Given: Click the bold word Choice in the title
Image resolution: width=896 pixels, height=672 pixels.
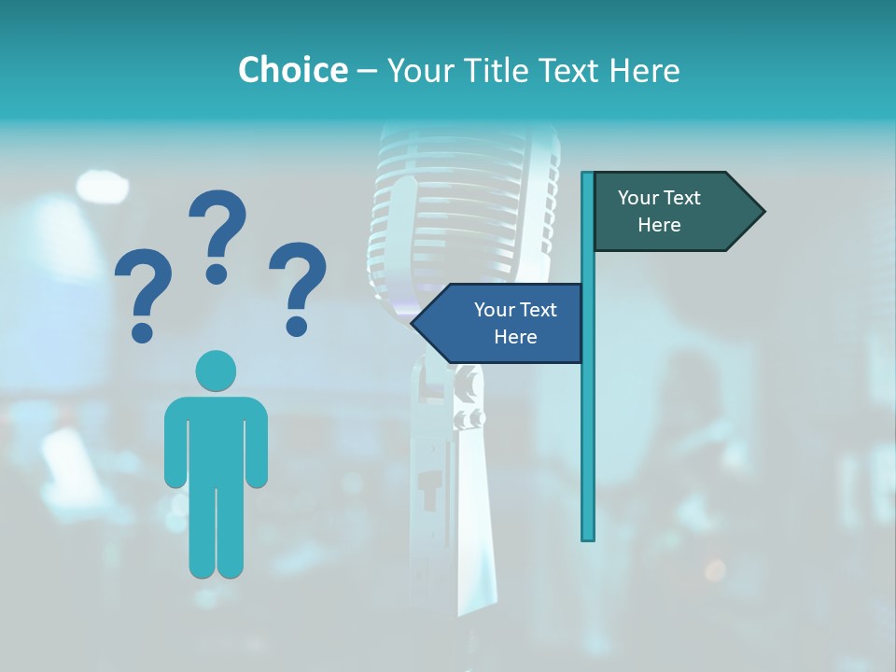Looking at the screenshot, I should click(x=292, y=70).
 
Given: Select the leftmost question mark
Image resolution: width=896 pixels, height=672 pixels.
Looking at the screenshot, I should click(x=143, y=285).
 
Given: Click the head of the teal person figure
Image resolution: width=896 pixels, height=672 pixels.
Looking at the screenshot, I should click(x=216, y=371).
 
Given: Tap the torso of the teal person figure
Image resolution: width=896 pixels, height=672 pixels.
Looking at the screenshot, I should click(x=216, y=439).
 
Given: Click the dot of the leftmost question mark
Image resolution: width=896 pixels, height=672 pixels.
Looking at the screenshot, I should click(x=143, y=331).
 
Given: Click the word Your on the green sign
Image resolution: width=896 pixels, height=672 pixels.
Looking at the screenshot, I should click(x=639, y=198).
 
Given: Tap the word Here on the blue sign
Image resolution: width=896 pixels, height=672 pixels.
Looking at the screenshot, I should click(x=515, y=337).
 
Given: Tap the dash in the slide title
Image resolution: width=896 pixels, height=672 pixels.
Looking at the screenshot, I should click(x=367, y=71).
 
